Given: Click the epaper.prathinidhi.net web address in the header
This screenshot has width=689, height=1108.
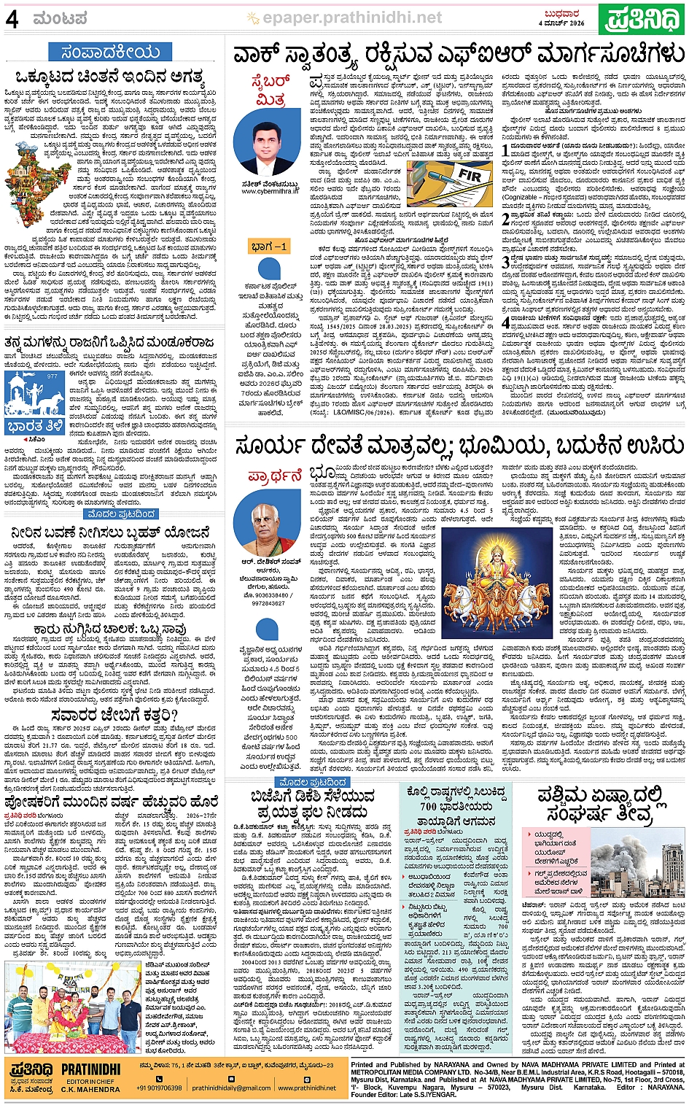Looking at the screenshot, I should tap(352, 18).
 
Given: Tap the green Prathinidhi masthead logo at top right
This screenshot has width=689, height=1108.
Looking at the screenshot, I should tap(642, 18).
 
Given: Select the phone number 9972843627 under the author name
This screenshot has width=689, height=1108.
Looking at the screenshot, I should tap(269, 603).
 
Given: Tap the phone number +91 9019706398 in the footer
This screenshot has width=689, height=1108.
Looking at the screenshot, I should tap(158, 1088).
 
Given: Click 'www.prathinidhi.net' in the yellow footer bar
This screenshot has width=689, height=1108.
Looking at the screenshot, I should tap(307, 1088).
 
